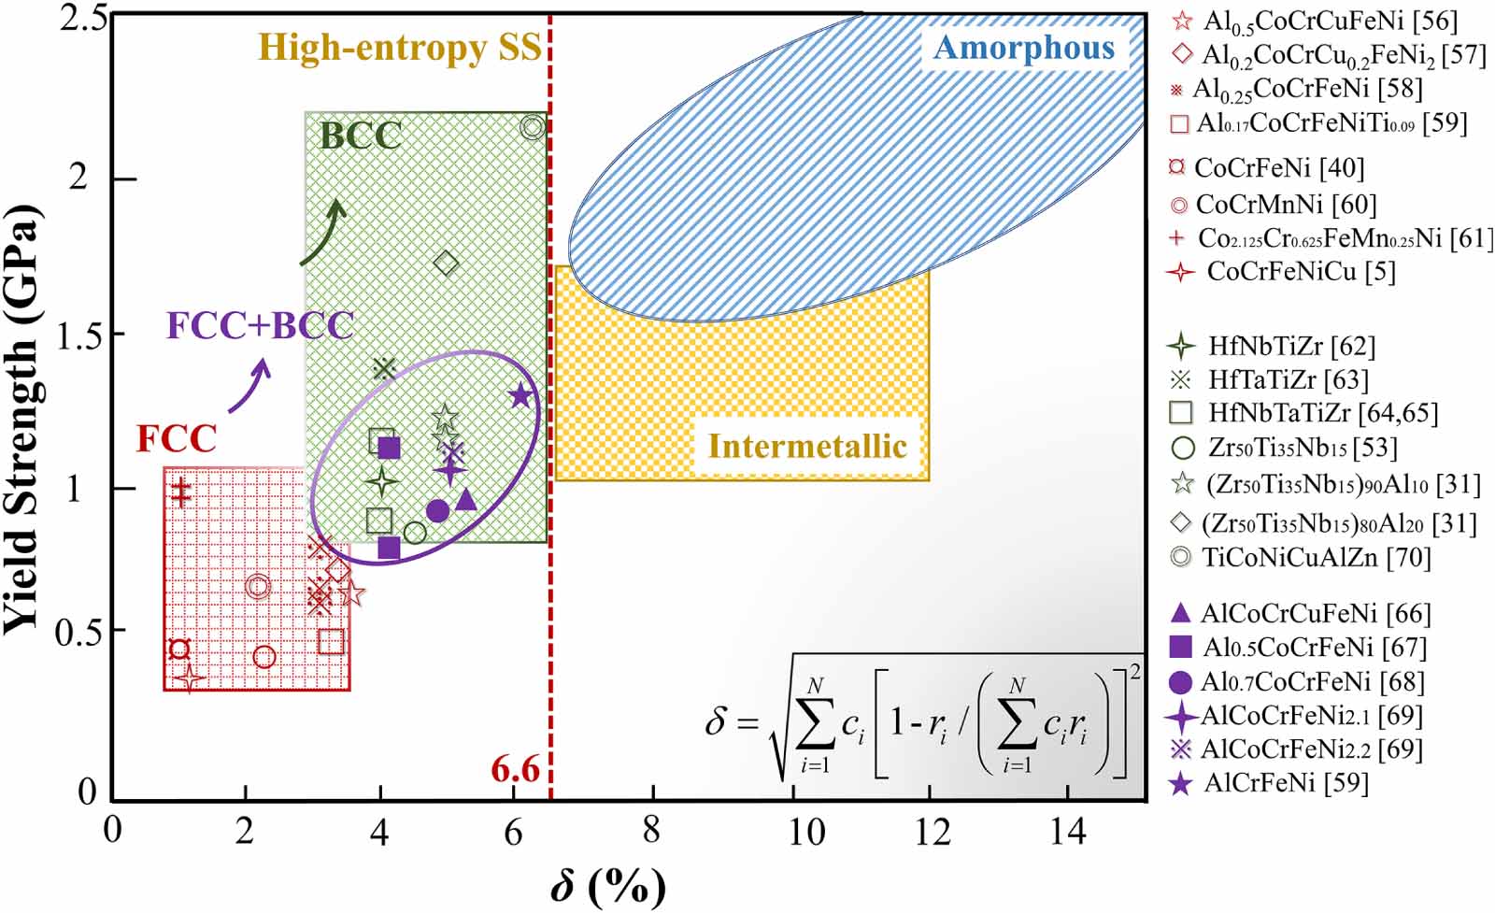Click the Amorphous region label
pos(1024,48)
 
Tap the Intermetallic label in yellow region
pos(807,446)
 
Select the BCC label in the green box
pos(361,136)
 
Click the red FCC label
pos(176,438)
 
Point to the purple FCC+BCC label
pos(260,325)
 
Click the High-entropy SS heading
pos(400,47)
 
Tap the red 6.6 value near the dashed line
pos(516,769)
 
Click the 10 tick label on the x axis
pos(805,831)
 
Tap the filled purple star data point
pos(520,395)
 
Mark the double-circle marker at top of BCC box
pos(533,127)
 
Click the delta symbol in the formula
pos(716,721)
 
